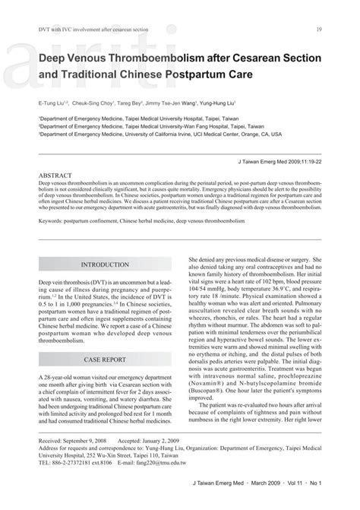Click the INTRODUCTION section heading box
click(106, 264)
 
